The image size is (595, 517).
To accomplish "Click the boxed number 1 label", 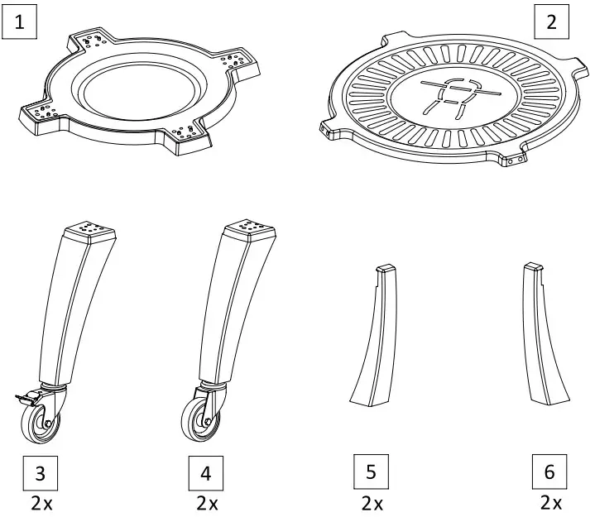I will coord(20,22).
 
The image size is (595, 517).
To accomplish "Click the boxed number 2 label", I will coord(551,22).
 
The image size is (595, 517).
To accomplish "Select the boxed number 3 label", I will coord(41,474).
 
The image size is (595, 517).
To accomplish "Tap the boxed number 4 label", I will coord(205,474).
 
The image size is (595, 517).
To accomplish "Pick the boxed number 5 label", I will coord(371,472).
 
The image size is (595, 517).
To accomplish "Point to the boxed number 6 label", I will coord(549,473).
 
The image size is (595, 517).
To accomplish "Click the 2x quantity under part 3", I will coord(41,502).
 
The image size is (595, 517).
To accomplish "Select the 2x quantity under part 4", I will coord(207,502).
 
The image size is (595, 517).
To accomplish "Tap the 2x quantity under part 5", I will coord(372,502).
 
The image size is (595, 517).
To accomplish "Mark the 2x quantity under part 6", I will coord(550,502).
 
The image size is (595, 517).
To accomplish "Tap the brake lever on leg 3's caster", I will coord(21,400).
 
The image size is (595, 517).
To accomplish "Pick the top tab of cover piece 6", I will coord(534,267).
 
